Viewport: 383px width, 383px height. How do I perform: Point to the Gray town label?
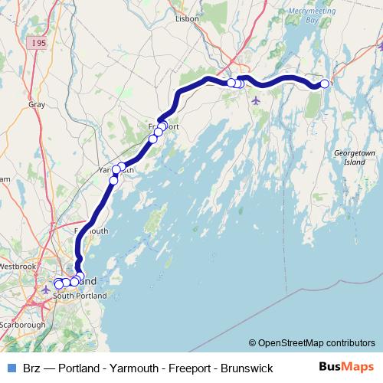pyautogui.click(x=37, y=103)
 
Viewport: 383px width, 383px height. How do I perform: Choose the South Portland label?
pyautogui.click(x=80, y=296)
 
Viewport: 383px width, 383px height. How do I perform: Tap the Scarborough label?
pyautogui.click(x=23, y=325)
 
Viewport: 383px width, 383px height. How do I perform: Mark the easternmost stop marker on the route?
pyautogui.click(x=325, y=83)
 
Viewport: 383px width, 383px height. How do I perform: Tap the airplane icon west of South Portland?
pyautogui.click(x=46, y=290)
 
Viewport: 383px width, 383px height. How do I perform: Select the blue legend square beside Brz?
pyautogui.click(x=11, y=368)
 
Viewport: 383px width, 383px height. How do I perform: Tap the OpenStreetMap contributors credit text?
pyautogui.click(x=312, y=343)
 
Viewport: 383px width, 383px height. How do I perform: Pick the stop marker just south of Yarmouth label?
pyautogui.click(x=113, y=181)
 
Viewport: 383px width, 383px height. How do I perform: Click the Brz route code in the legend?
pyautogui.click(x=32, y=368)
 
